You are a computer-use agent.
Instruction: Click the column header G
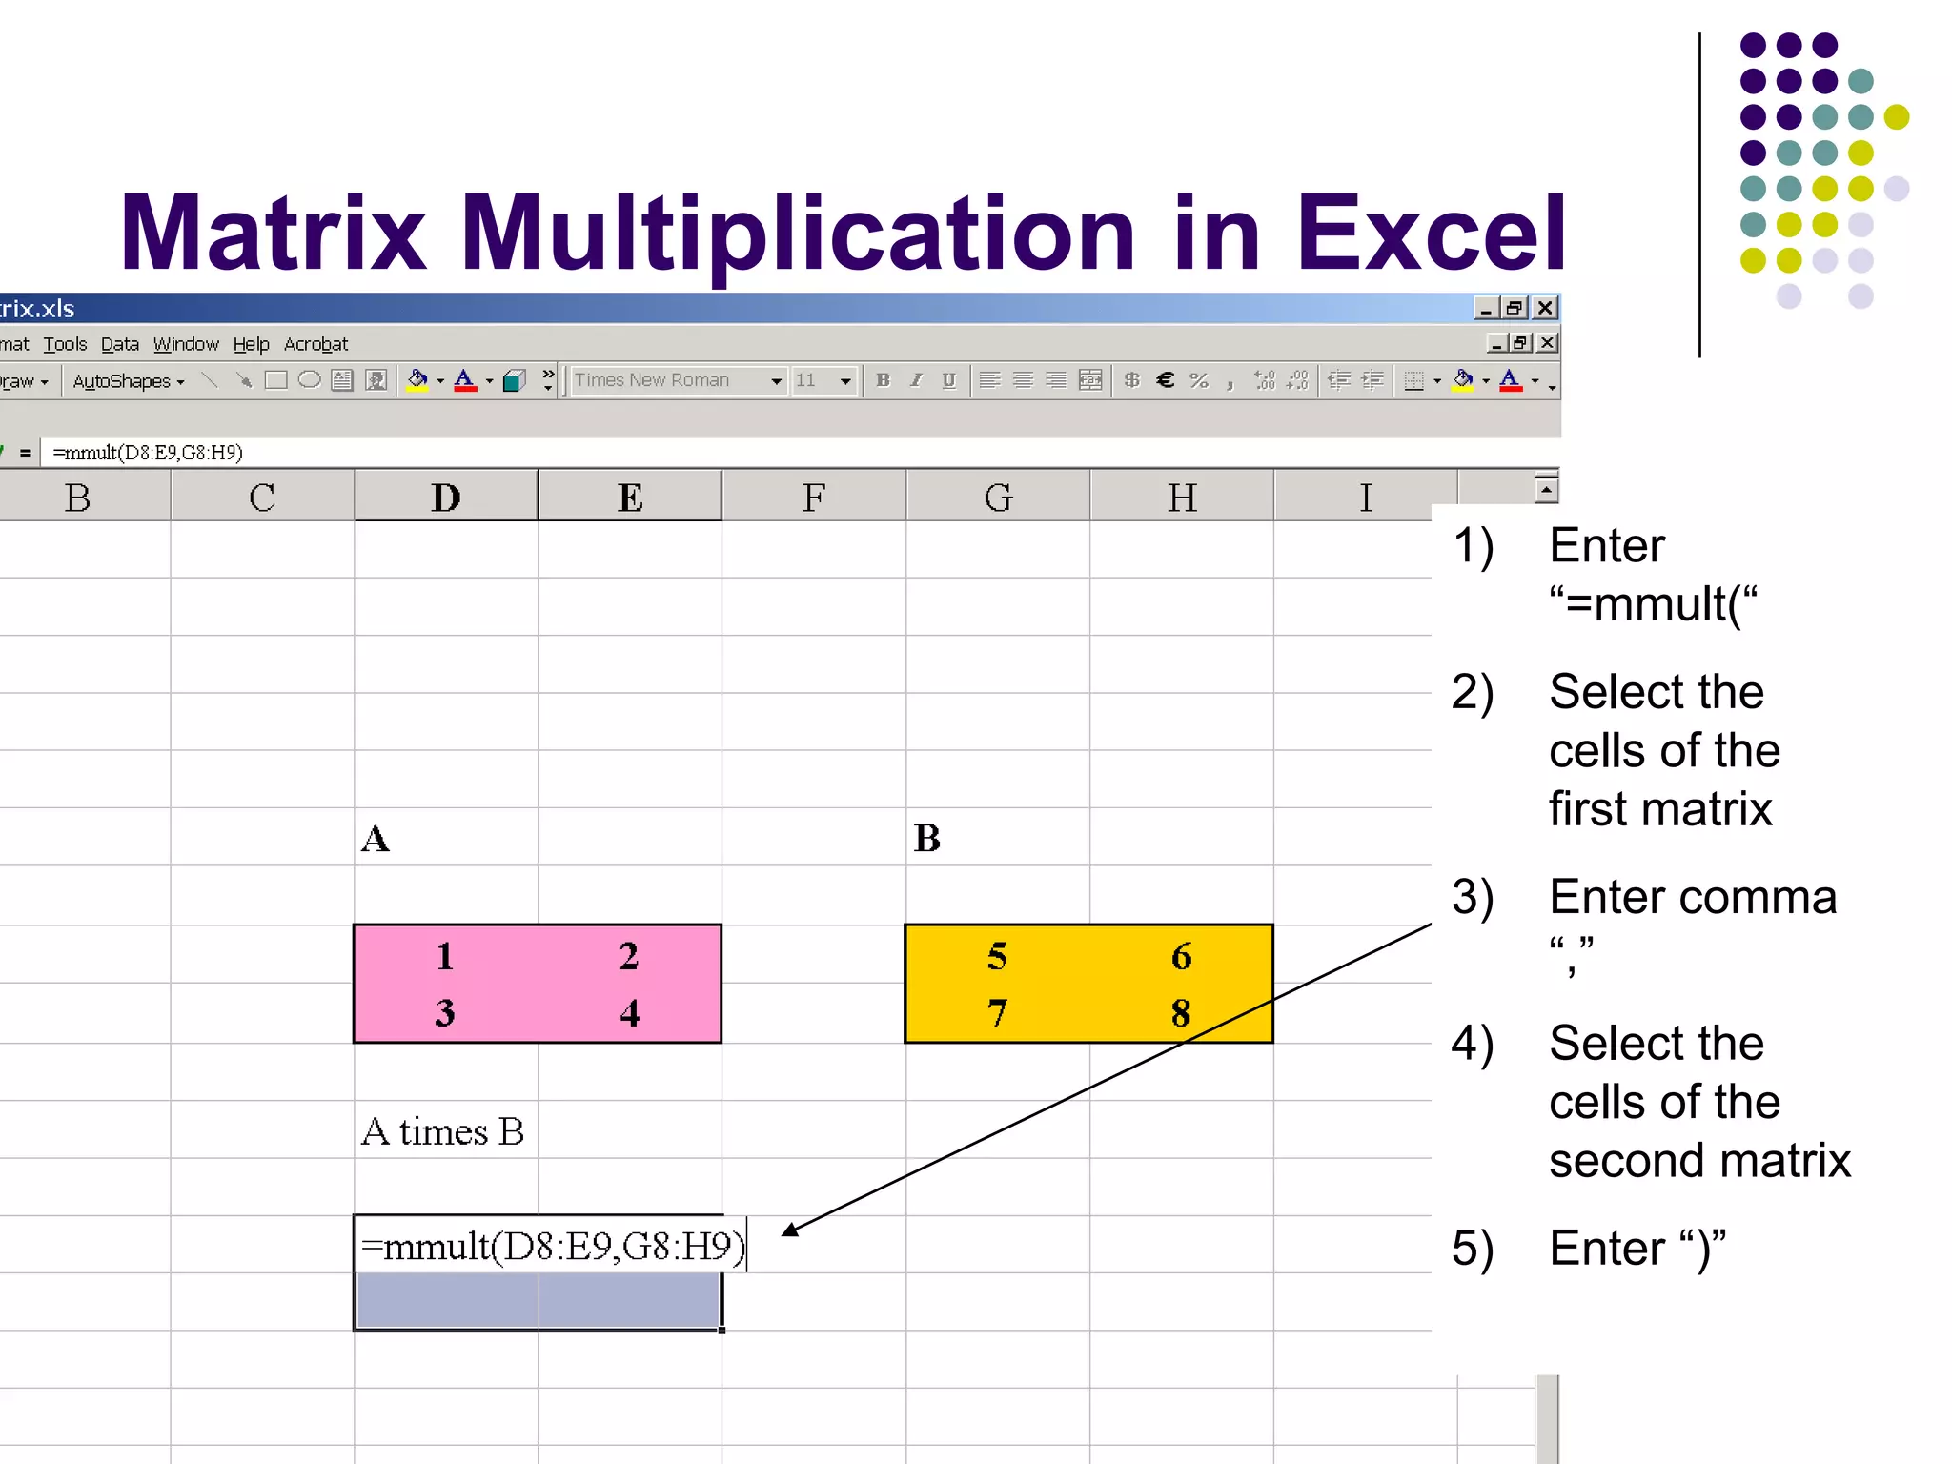coord(998,498)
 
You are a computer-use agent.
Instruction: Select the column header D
coord(445,498)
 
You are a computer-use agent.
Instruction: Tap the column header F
coord(813,498)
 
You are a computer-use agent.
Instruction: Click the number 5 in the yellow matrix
coord(997,956)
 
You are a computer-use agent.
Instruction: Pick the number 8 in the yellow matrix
coord(1181,1012)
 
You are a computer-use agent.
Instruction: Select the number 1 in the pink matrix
coord(444,956)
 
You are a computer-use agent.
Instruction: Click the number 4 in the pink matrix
coord(629,1012)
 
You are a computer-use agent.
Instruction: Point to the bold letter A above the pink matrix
coord(376,839)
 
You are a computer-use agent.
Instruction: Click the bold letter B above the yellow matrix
coord(927,839)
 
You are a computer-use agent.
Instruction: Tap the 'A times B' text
coord(443,1132)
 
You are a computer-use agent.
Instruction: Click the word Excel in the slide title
coord(1431,233)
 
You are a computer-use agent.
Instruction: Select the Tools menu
coord(65,344)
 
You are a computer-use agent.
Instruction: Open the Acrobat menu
coord(315,344)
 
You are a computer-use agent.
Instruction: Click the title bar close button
coord(1545,308)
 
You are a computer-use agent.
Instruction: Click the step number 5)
coord(1473,1249)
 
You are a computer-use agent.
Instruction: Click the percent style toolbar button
coord(1199,380)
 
